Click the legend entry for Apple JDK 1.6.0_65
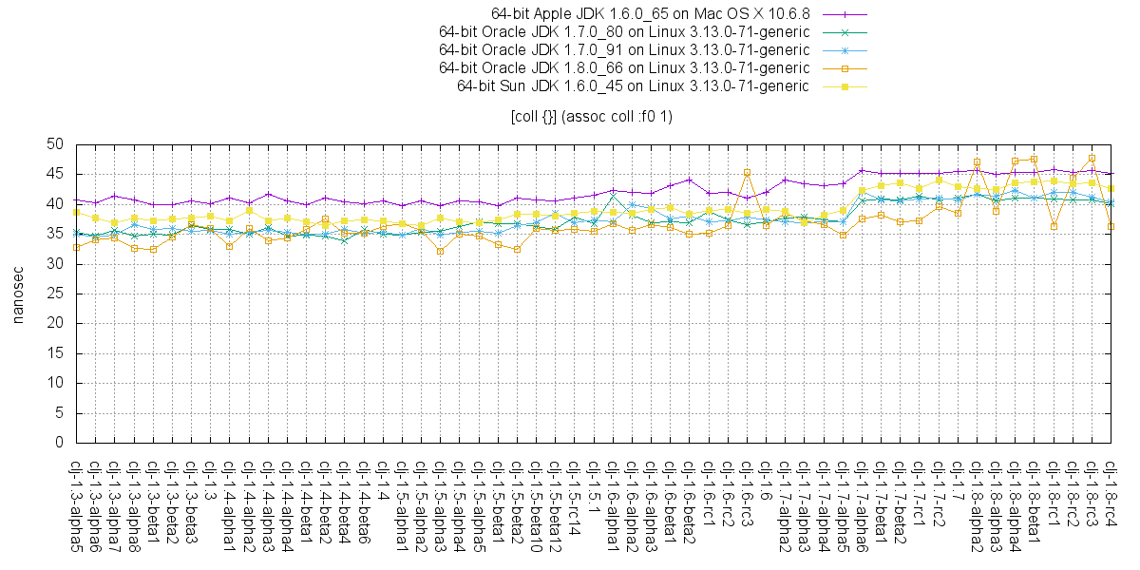(650, 13)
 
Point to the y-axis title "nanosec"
(18, 294)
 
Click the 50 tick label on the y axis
(55, 144)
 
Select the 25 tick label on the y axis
(55, 294)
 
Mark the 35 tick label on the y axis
(55, 234)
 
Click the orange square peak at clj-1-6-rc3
(748, 172)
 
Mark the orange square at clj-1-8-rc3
(1092, 158)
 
